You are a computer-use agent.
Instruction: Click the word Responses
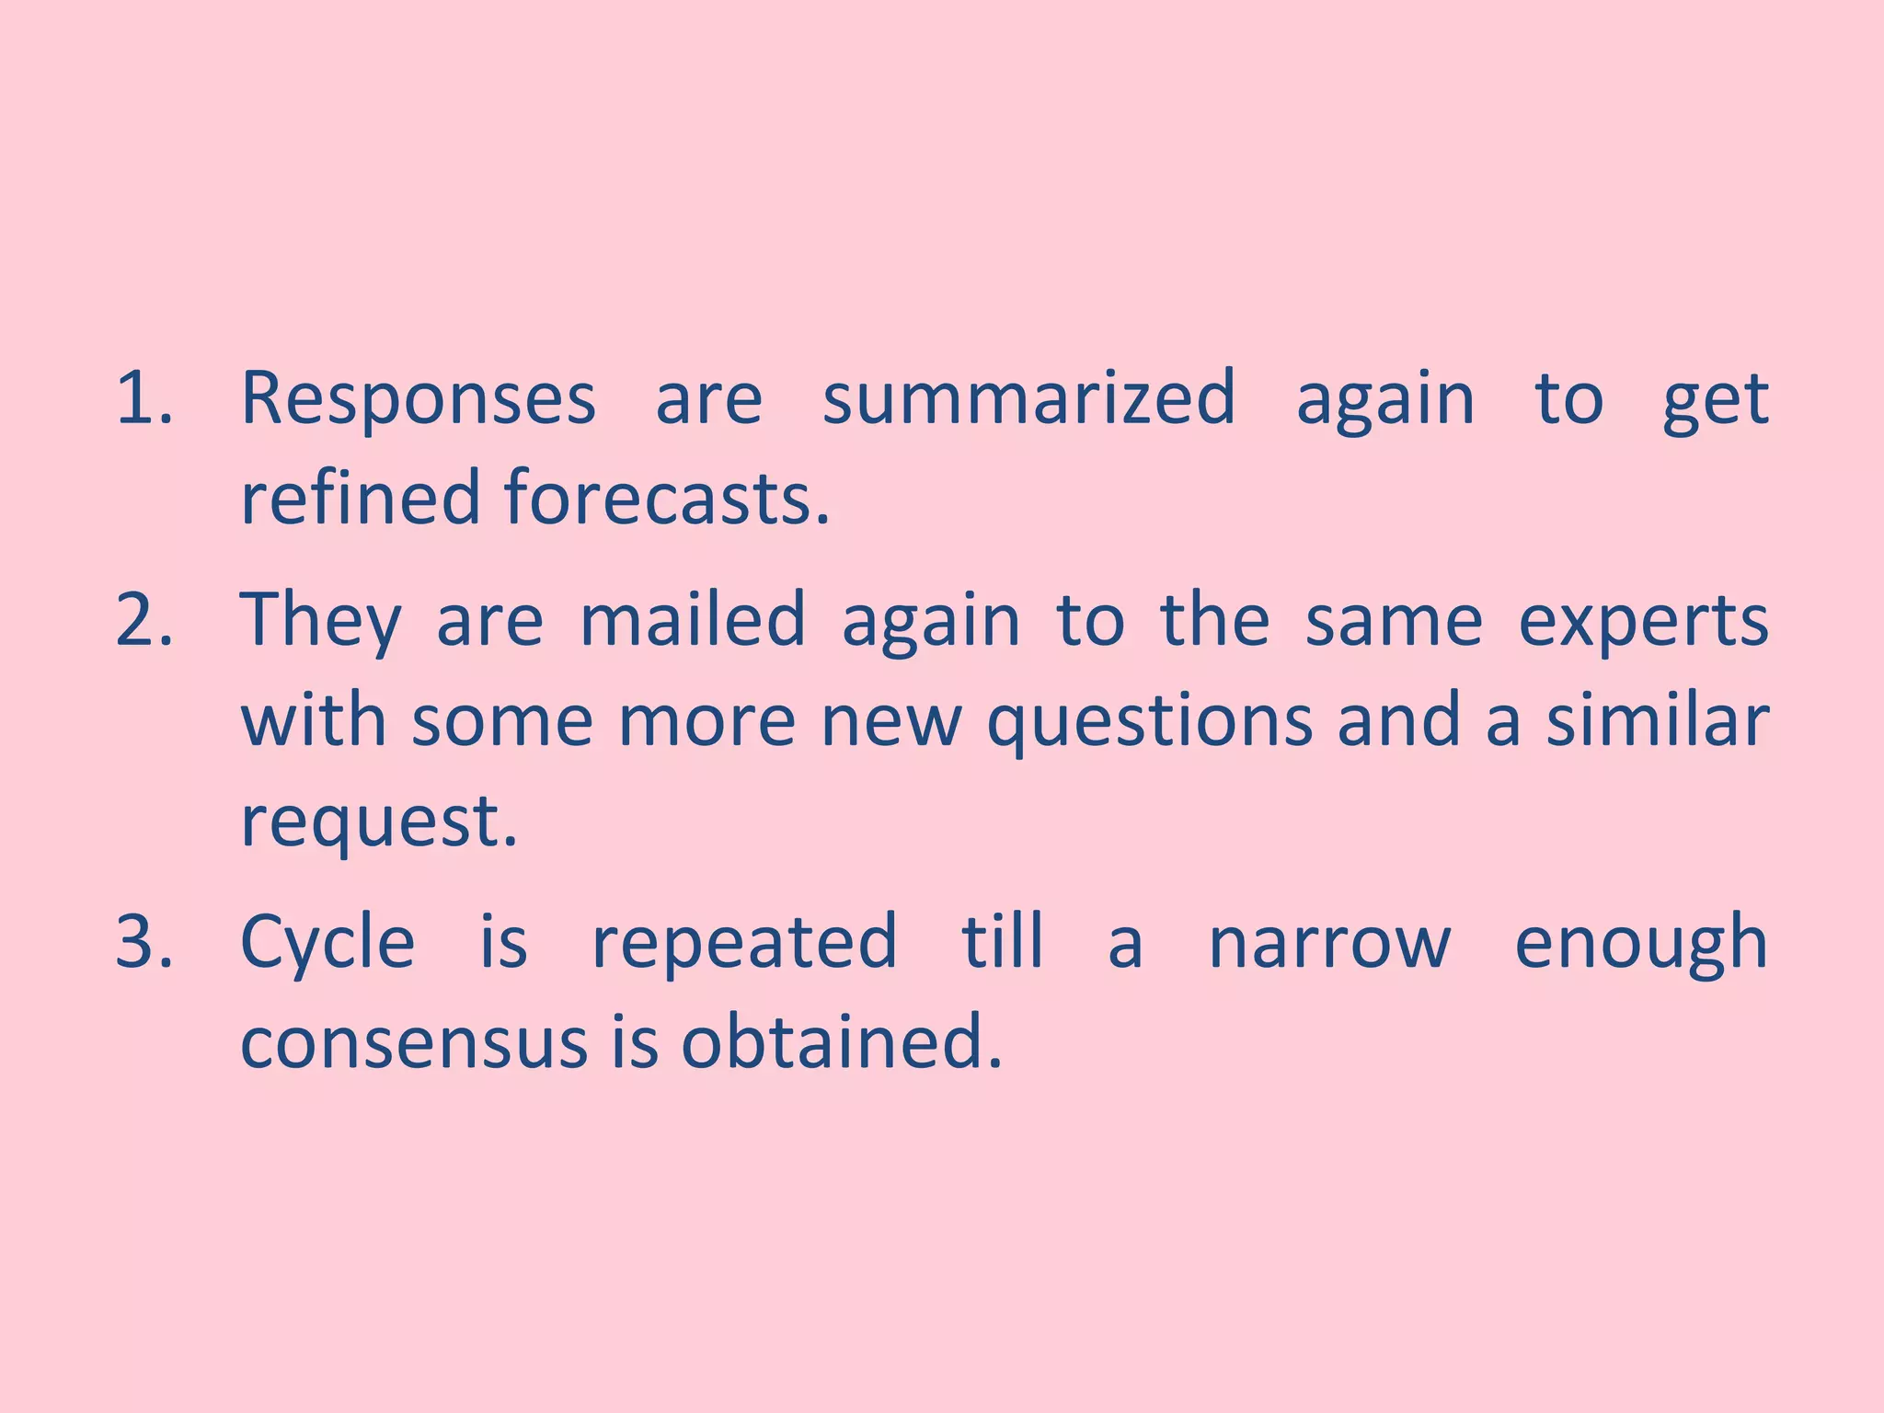(x=419, y=398)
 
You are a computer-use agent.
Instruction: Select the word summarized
(x=1028, y=398)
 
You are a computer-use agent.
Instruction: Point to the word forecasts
(x=667, y=498)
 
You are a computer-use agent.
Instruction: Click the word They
(x=321, y=622)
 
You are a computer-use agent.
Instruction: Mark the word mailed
(x=693, y=620)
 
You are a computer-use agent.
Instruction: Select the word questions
(x=1149, y=723)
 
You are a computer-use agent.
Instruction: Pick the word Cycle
(x=327, y=944)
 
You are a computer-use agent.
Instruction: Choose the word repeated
(x=743, y=944)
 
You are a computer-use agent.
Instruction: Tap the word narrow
(x=1329, y=944)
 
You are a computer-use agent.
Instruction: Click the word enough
(x=1641, y=944)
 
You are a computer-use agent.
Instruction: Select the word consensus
(x=413, y=1043)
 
